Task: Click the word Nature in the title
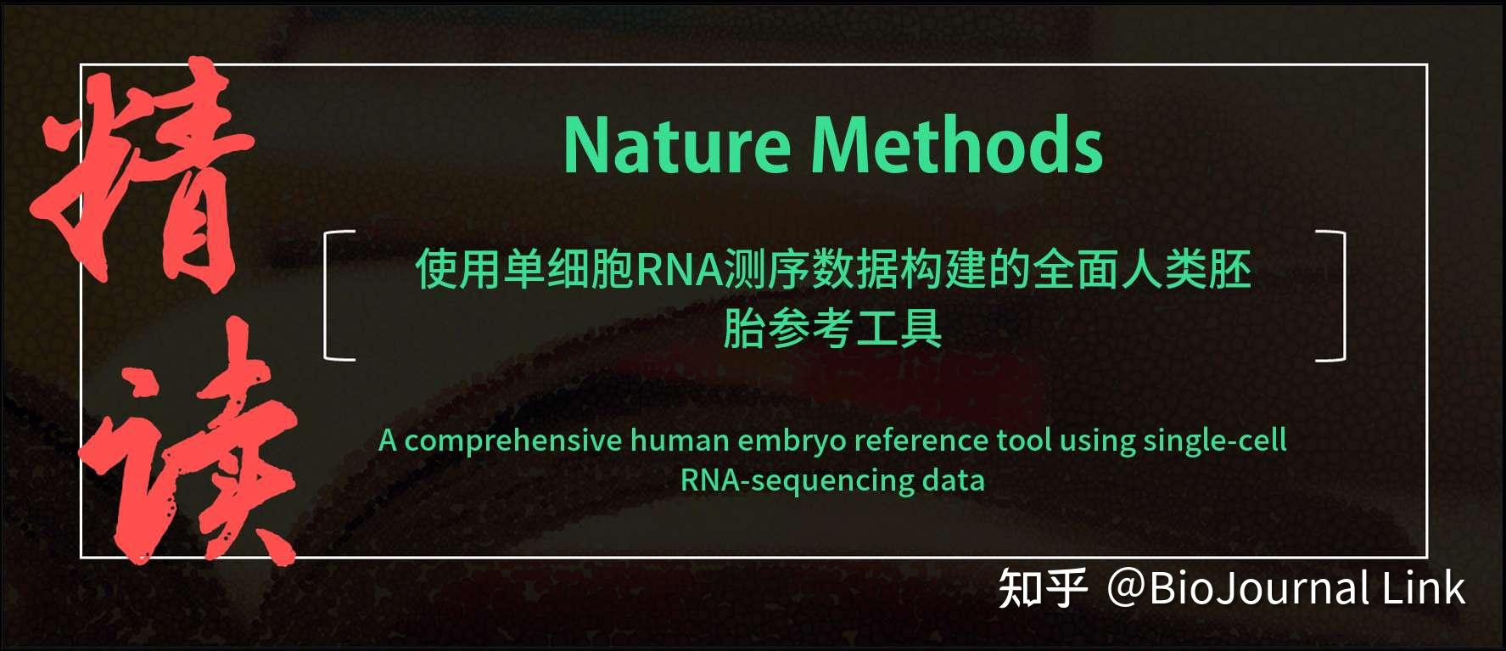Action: coord(676,146)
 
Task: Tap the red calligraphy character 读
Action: coord(191,450)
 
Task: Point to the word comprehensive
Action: coord(512,441)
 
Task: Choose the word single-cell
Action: coord(1214,441)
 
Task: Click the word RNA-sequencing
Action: coord(796,480)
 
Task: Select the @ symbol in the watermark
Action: coord(1126,588)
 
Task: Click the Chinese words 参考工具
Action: coord(855,329)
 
